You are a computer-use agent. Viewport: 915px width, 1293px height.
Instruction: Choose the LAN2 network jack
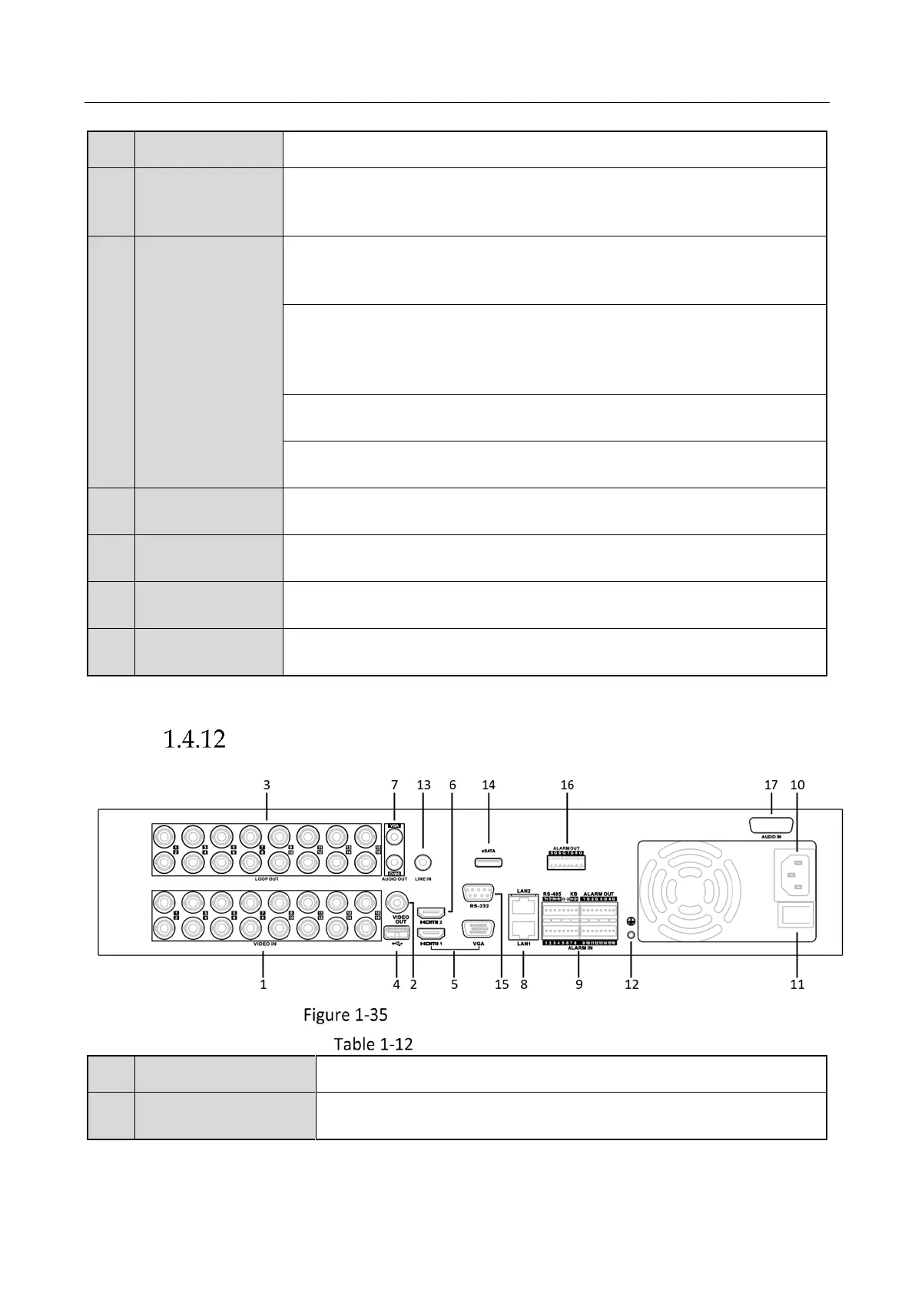coord(524,905)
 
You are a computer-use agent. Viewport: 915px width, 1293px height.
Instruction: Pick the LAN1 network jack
coord(524,928)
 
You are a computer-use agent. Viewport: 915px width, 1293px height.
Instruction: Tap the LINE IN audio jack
coord(423,863)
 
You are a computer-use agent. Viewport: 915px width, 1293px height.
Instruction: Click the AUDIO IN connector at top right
coord(771,825)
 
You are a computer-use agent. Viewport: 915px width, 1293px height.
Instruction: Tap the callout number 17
coord(771,785)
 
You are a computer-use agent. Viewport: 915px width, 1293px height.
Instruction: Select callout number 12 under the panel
coord(632,984)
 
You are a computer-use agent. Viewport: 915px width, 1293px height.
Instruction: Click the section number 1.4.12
coord(194,739)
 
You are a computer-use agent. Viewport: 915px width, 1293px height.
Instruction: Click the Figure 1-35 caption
coord(345,1015)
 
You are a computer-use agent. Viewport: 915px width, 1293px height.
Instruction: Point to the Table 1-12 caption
coord(373,1044)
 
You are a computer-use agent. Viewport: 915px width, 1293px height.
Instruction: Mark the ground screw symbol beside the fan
coord(632,921)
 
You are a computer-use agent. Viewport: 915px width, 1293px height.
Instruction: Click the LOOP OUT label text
coord(267,879)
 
